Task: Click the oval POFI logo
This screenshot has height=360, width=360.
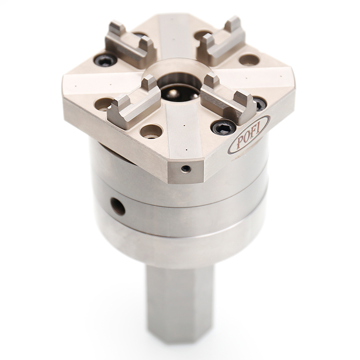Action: coord(248,135)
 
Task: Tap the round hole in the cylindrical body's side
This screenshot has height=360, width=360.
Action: coord(118,207)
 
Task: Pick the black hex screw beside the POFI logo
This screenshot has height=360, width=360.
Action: coord(224,128)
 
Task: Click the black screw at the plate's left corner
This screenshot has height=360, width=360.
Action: coord(106,59)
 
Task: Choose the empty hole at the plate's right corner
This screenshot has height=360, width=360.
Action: coord(249,59)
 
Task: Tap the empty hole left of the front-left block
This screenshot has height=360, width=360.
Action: coord(103,104)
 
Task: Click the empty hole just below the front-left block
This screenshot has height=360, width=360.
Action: coord(150,131)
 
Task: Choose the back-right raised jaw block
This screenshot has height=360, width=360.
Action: coord(222,41)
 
